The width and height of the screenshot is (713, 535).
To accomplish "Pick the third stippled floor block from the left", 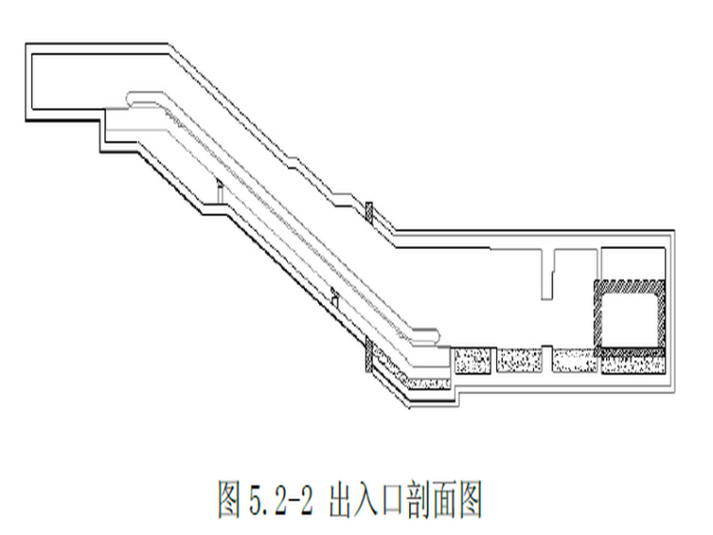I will point(574,361).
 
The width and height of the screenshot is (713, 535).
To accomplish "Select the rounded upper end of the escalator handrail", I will point(136,96).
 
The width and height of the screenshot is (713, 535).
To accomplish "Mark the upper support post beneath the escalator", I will point(216,191).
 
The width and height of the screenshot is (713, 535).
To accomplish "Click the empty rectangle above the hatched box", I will point(631,262).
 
